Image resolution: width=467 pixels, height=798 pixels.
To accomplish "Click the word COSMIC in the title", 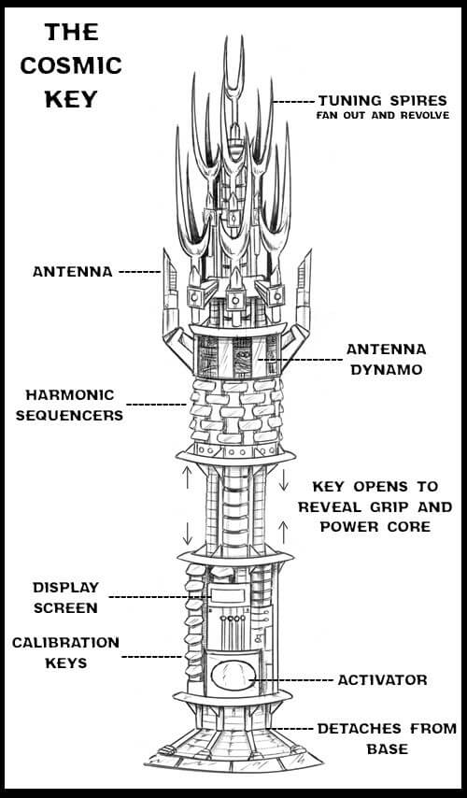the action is pyautogui.click(x=71, y=65).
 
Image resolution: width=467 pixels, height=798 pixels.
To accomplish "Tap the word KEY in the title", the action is pyautogui.click(x=71, y=99).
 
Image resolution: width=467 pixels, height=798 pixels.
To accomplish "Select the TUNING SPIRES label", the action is pyautogui.click(x=383, y=100).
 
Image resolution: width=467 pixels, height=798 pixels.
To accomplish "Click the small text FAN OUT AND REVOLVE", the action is pyautogui.click(x=383, y=116).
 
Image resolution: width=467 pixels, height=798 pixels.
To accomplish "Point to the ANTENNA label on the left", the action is pyautogui.click(x=73, y=272).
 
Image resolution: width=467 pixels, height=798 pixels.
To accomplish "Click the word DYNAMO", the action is pyautogui.click(x=387, y=370).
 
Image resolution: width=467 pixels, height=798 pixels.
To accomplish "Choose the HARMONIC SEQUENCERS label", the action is pyautogui.click(x=70, y=406).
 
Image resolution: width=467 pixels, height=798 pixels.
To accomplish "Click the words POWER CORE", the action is pyautogui.click(x=375, y=527).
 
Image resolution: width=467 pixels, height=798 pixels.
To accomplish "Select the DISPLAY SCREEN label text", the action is pyautogui.click(x=65, y=597).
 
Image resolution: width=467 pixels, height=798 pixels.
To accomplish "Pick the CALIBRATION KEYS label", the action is pyautogui.click(x=65, y=652).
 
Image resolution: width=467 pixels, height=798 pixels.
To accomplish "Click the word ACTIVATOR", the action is pyautogui.click(x=383, y=680).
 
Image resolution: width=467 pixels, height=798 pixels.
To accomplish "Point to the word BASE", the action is pyautogui.click(x=388, y=749).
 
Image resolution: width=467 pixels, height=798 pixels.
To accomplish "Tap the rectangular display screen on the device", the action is pyautogui.click(x=227, y=595).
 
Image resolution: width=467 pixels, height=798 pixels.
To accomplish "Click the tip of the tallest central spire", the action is pyautogui.click(x=225, y=36).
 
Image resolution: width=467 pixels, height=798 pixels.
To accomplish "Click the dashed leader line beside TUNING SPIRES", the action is pyautogui.click(x=293, y=102).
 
